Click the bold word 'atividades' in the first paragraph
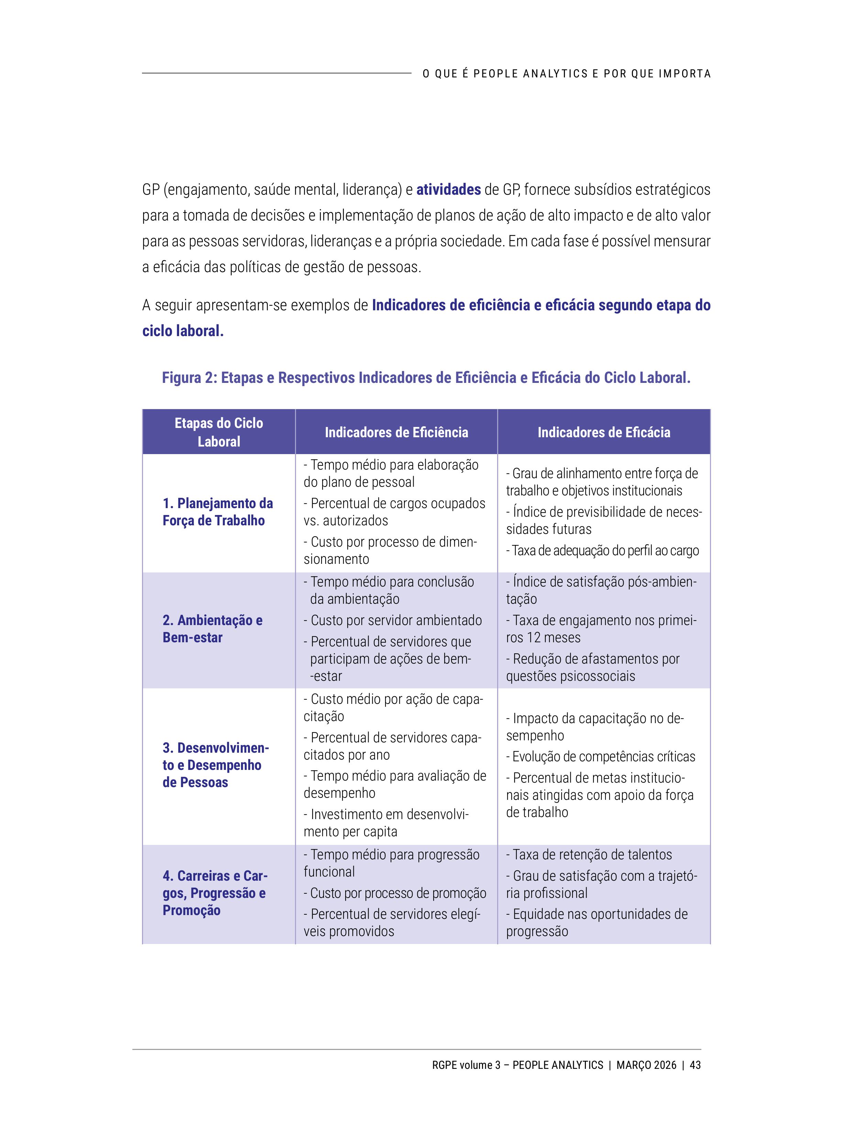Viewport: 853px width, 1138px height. coord(448,190)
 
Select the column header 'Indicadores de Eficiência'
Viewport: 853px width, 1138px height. coord(396,432)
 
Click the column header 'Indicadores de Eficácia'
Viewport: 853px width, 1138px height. coord(604,432)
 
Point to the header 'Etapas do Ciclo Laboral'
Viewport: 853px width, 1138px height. coord(219,432)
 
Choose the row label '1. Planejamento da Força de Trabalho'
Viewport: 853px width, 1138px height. coord(218,512)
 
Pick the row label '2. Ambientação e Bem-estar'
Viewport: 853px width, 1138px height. coord(212,629)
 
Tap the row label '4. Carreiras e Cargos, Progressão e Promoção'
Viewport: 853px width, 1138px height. coord(215,893)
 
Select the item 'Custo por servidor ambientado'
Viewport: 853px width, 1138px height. coord(396,621)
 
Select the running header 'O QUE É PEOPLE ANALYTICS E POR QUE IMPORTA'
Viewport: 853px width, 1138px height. coord(567,74)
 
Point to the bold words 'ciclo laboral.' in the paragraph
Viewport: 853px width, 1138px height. coord(183,331)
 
